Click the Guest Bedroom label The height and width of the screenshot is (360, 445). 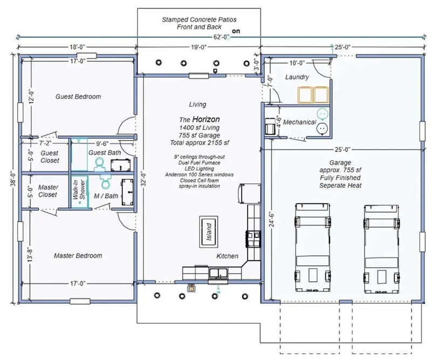(78, 97)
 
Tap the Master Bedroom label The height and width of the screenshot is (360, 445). (78, 255)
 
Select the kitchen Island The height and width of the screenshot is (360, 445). (209, 231)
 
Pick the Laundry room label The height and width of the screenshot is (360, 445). (297, 77)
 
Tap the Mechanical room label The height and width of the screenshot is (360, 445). (299, 122)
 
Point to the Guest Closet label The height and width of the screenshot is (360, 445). (50, 157)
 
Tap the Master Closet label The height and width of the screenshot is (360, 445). (48, 191)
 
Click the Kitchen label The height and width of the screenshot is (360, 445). (227, 256)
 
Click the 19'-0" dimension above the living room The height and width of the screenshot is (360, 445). (197, 47)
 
